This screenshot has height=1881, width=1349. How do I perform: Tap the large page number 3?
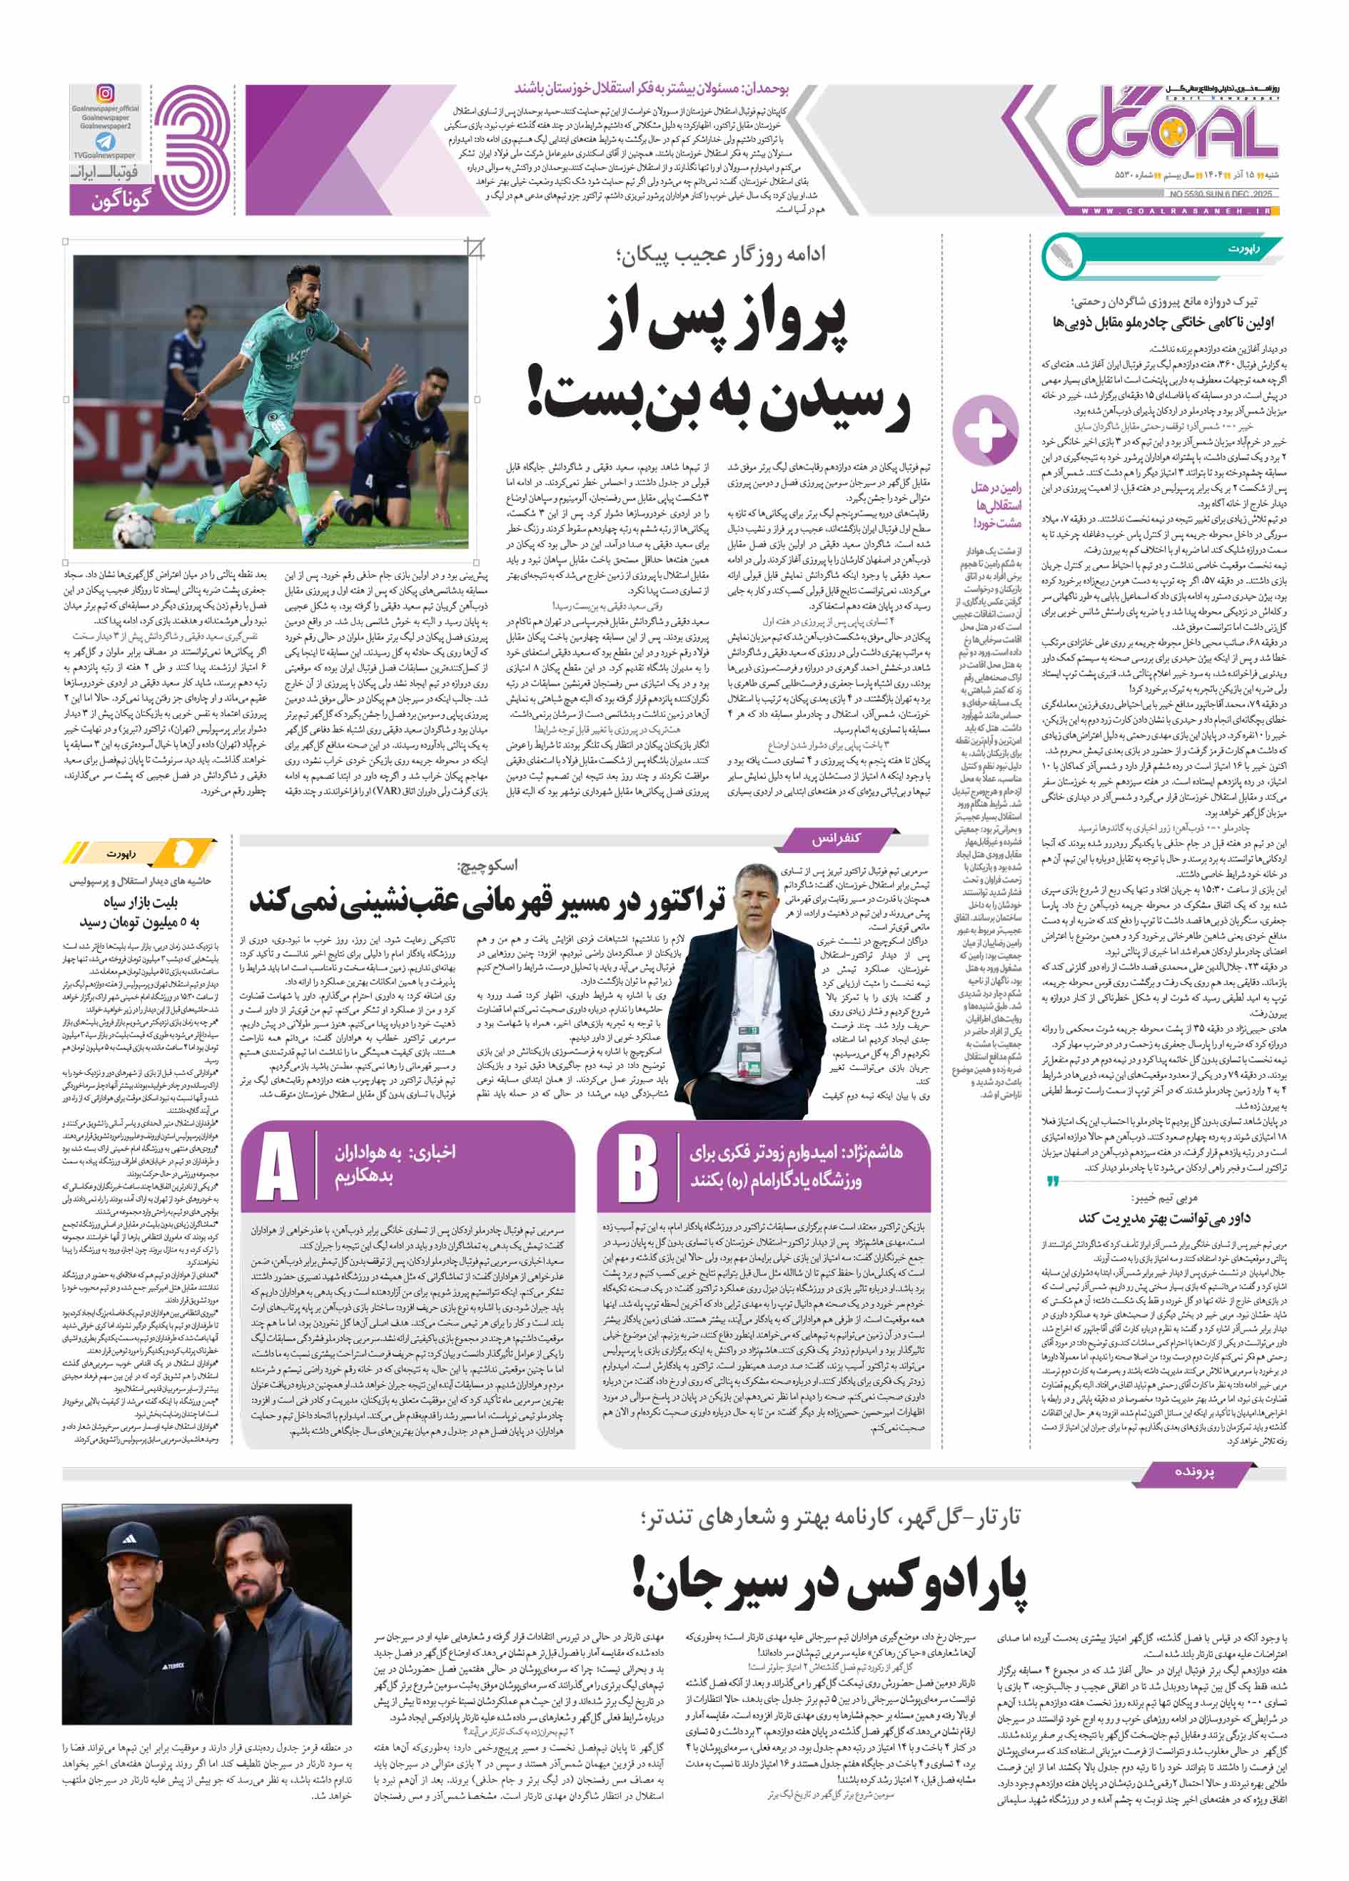[193, 150]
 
